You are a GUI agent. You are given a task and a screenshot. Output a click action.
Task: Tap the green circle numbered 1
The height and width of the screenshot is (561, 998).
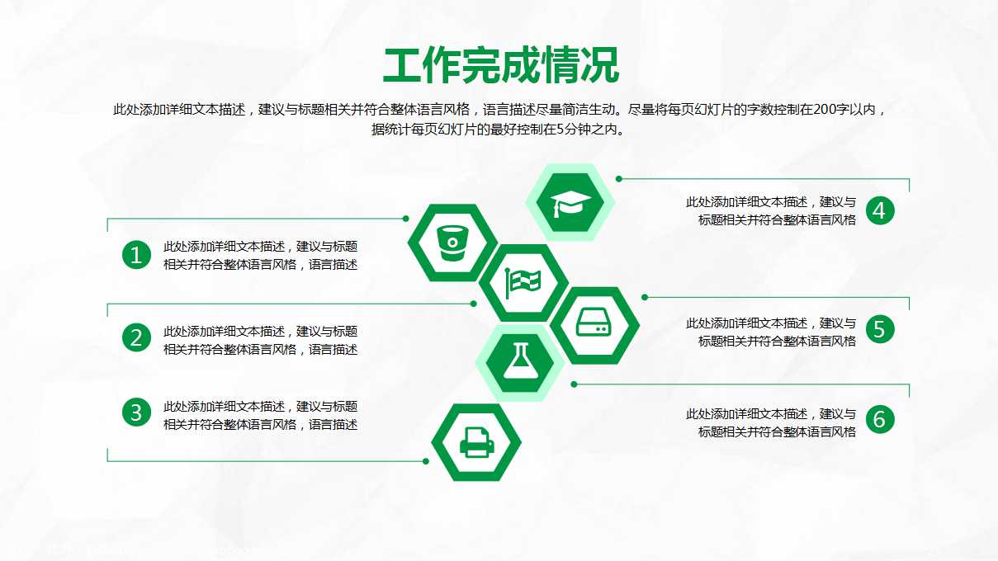point(136,255)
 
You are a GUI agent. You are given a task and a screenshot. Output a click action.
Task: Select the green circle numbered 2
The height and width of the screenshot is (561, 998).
point(136,337)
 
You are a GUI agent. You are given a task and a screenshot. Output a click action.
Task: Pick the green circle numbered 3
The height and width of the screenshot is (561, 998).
point(136,412)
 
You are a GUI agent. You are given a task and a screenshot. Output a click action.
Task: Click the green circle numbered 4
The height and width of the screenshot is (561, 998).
point(880,210)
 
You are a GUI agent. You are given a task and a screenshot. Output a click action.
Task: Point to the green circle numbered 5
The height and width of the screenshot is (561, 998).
point(880,329)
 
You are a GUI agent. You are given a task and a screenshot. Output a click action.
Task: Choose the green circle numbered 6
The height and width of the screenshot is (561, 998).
point(880,419)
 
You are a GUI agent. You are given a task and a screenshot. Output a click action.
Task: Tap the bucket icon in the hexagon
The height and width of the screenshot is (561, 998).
point(452,242)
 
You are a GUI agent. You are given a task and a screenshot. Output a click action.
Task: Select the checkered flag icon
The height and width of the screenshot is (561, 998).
point(523,282)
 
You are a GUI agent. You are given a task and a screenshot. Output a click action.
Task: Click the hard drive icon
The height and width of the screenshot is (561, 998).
point(594,324)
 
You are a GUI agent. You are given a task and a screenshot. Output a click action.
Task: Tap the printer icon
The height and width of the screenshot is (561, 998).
point(476,442)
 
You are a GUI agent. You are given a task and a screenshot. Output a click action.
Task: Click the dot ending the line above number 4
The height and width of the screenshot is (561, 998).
point(619,178)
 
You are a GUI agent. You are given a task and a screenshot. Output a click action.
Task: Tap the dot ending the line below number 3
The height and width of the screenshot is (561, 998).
point(426,461)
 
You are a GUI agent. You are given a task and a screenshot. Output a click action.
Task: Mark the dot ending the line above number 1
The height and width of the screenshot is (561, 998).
point(405,219)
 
